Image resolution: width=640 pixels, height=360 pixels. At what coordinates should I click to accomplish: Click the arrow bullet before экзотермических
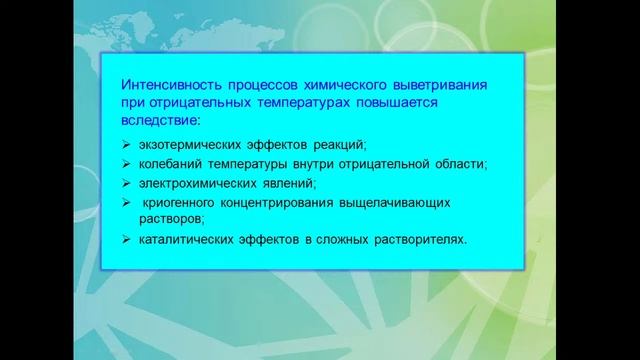(125, 146)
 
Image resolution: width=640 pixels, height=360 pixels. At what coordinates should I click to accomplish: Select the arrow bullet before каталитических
(125, 240)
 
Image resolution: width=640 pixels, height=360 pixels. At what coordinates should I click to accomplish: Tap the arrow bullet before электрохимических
(125, 183)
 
